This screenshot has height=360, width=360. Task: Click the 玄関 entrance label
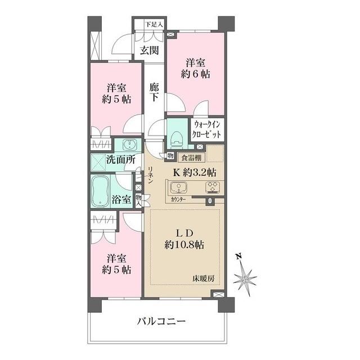coord(149,50)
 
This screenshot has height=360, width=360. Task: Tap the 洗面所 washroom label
coord(121,160)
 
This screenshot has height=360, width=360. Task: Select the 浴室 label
coord(121,199)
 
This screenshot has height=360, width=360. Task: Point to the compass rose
coord(245,277)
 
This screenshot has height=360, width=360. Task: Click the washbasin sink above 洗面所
coord(128,143)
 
